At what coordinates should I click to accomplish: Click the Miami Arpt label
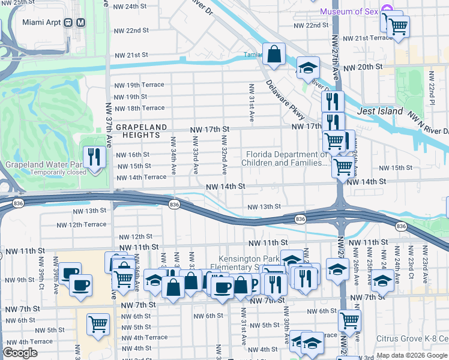43,22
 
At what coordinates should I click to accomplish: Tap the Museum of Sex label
349,11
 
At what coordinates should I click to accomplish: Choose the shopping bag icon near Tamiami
273,54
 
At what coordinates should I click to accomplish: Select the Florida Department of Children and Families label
285,158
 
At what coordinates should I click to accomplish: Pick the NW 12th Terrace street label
81,225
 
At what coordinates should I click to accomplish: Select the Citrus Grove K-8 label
412,338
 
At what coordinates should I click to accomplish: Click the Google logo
20,353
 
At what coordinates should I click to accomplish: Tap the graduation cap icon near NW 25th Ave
382,280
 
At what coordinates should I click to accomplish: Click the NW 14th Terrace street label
141,178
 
